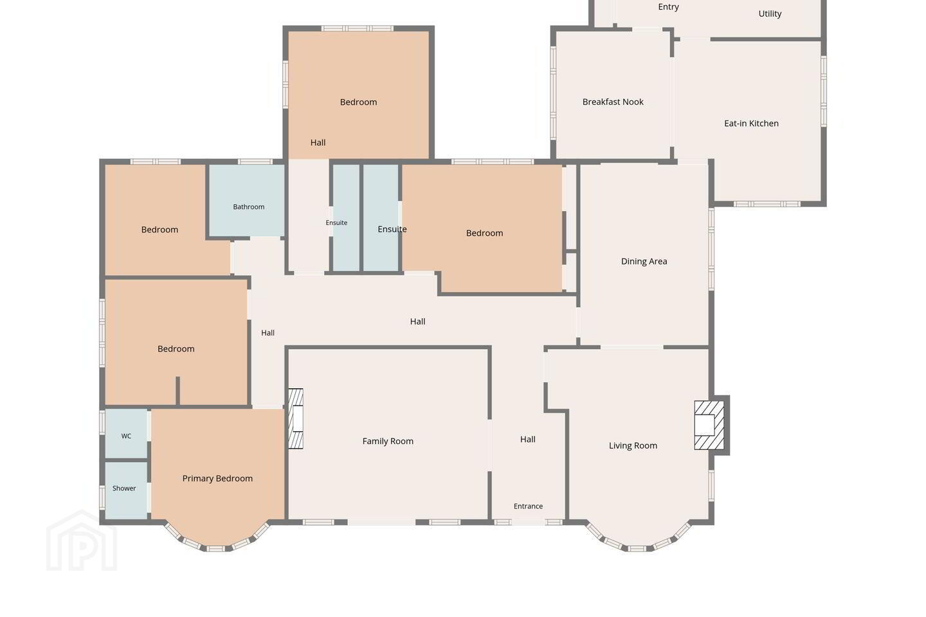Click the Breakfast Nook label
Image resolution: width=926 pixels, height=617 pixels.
click(x=613, y=102)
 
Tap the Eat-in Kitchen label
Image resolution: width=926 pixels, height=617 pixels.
click(x=751, y=123)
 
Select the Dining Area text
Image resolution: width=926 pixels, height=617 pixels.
click(x=644, y=261)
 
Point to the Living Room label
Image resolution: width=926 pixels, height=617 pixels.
click(x=633, y=445)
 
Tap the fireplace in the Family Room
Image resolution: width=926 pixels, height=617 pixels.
click(x=296, y=418)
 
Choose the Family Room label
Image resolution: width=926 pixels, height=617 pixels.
click(x=388, y=441)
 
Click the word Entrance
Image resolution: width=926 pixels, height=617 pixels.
click(x=528, y=506)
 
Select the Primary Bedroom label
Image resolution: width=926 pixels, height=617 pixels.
click(x=217, y=478)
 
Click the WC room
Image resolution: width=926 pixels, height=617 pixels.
click(x=126, y=434)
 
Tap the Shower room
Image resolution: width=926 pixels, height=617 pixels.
click(x=126, y=490)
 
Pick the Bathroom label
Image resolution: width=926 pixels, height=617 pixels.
click(x=248, y=207)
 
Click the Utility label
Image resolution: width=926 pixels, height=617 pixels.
click(x=770, y=13)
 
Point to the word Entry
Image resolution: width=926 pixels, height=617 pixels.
click(x=669, y=7)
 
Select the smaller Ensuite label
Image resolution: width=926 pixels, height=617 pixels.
click(x=336, y=223)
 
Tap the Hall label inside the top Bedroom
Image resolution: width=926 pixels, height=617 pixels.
click(x=318, y=143)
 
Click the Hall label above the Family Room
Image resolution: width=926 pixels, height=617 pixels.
click(x=417, y=321)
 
